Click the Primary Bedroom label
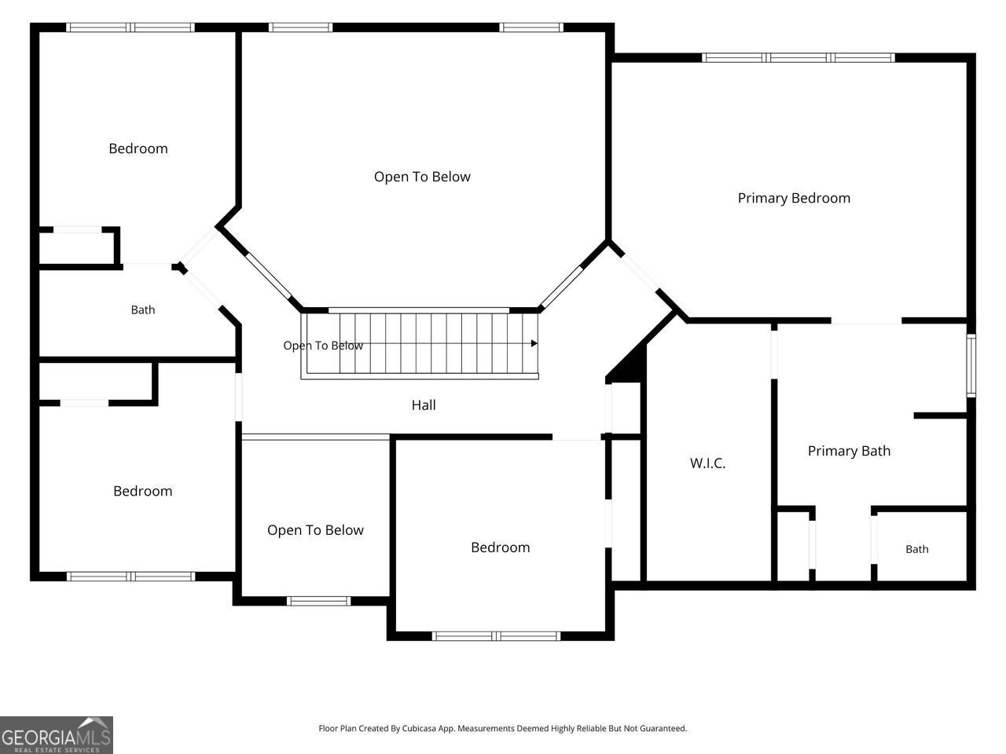(x=794, y=198)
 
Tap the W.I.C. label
(x=707, y=463)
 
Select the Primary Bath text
(x=849, y=451)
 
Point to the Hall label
(x=424, y=404)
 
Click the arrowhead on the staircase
(x=534, y=343)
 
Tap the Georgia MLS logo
(x=57, y=735)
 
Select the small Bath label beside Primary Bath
(x=916, y=549)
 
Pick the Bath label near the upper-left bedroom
(x=143, y=310)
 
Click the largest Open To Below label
(x=422, y=178)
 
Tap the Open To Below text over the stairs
(x=323, y=346)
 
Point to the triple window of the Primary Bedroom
(x=799, y=57)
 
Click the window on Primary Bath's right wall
(x=971, y=365)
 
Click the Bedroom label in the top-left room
(x=138, y=148)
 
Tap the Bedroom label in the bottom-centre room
(x=501, y=547)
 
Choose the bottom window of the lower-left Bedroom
(x=130, y=576)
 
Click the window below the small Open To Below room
(x=318, y=601)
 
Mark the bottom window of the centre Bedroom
(x=496, y=636)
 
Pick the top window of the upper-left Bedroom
(x=130, y=27)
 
